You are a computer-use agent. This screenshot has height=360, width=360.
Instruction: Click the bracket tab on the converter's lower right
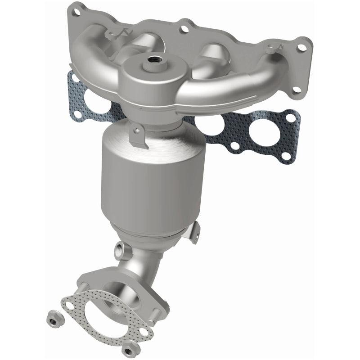pos(194,230)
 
